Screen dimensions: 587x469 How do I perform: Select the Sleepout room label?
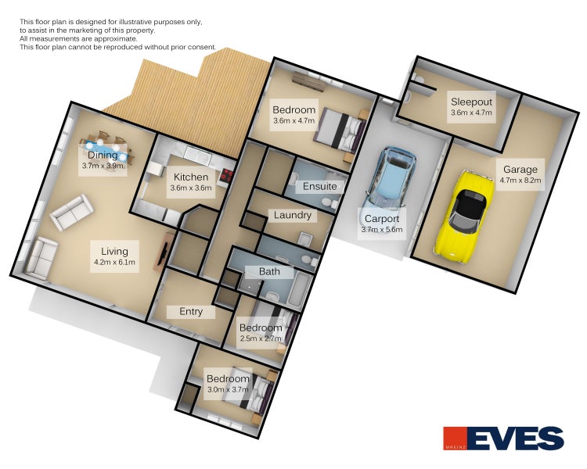click(x=471, y=102)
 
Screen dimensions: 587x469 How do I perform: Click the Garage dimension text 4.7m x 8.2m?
click(x=520, y=180)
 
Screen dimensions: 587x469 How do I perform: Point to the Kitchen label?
click(x=191, y=177)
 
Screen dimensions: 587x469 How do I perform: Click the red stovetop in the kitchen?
click(x=225, y=176)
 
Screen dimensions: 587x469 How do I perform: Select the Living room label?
click(x=114, y=252)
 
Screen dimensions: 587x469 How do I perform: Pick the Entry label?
click(x=191, y=312)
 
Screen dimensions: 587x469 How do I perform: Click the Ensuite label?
click(x=319, y=186)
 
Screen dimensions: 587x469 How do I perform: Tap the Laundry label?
click(x=293, y=215)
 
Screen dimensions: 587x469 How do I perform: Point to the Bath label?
click(x=269, y=271)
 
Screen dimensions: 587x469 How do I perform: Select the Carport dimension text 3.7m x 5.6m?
click(x=382, y=229)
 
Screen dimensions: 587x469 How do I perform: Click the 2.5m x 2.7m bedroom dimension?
click(x=261, y=338)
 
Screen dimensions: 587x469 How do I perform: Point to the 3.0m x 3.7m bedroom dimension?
click(x=228, y=389)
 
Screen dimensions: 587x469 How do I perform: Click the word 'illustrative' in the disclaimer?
click(x=141, y=22)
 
